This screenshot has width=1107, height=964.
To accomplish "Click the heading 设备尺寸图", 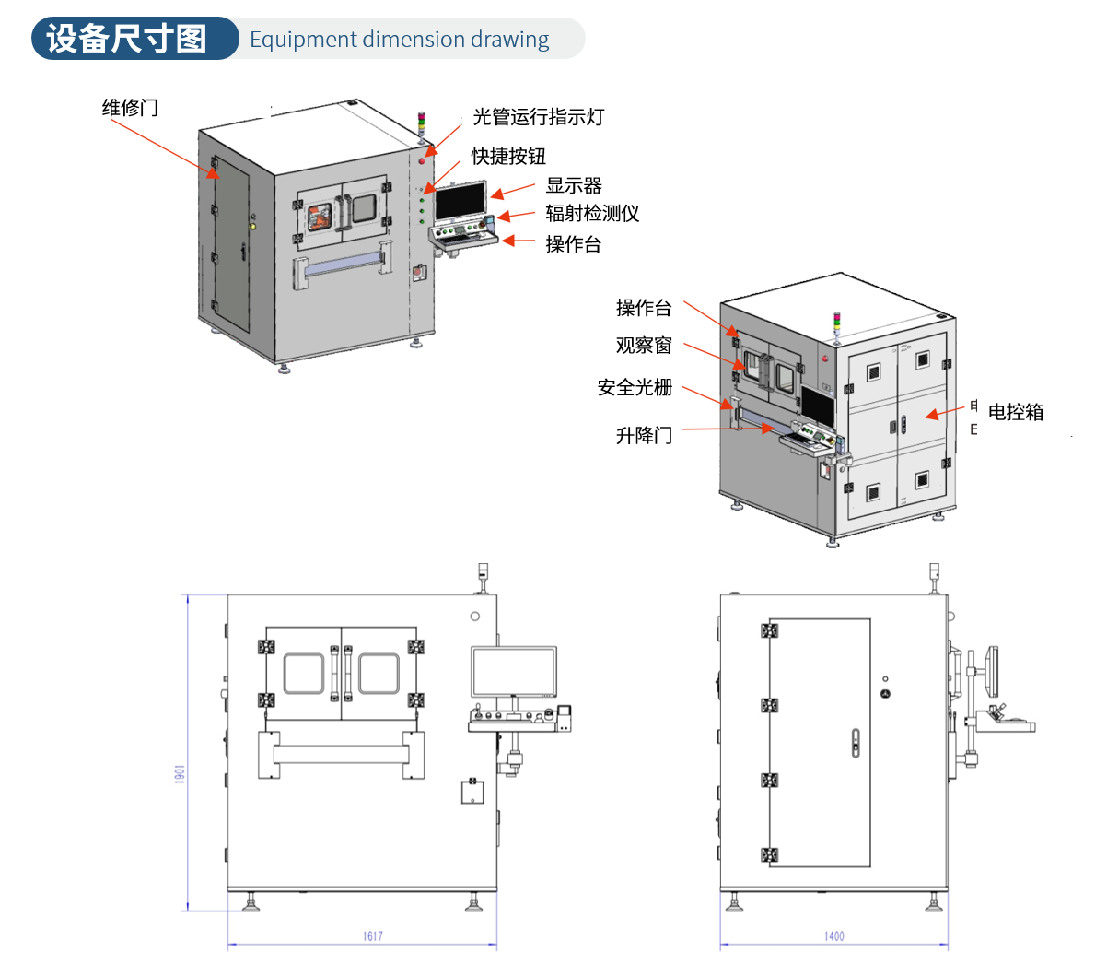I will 127,39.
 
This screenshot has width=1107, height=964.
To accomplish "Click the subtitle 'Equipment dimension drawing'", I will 399,40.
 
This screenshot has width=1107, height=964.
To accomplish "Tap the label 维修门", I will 130,108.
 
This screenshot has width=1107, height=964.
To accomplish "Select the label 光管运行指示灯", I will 538,117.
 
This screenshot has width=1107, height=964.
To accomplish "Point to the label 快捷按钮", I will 508,156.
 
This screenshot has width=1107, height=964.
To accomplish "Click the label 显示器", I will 573,185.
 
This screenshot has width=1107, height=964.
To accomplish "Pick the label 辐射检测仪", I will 592,213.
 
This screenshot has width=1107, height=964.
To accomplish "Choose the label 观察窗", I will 644,346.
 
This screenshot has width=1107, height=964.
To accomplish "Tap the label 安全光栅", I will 635,388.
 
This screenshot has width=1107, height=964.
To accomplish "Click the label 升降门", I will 644,435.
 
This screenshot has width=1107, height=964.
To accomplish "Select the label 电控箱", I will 1016,412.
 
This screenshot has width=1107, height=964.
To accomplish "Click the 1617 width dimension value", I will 372,936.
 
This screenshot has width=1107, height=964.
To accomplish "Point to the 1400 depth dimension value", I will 833,936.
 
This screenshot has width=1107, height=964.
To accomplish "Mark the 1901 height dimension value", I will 181,774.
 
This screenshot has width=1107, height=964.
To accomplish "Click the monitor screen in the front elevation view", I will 514,672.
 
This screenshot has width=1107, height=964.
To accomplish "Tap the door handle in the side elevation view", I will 856,743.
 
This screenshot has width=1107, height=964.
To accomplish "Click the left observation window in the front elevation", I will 303,674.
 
